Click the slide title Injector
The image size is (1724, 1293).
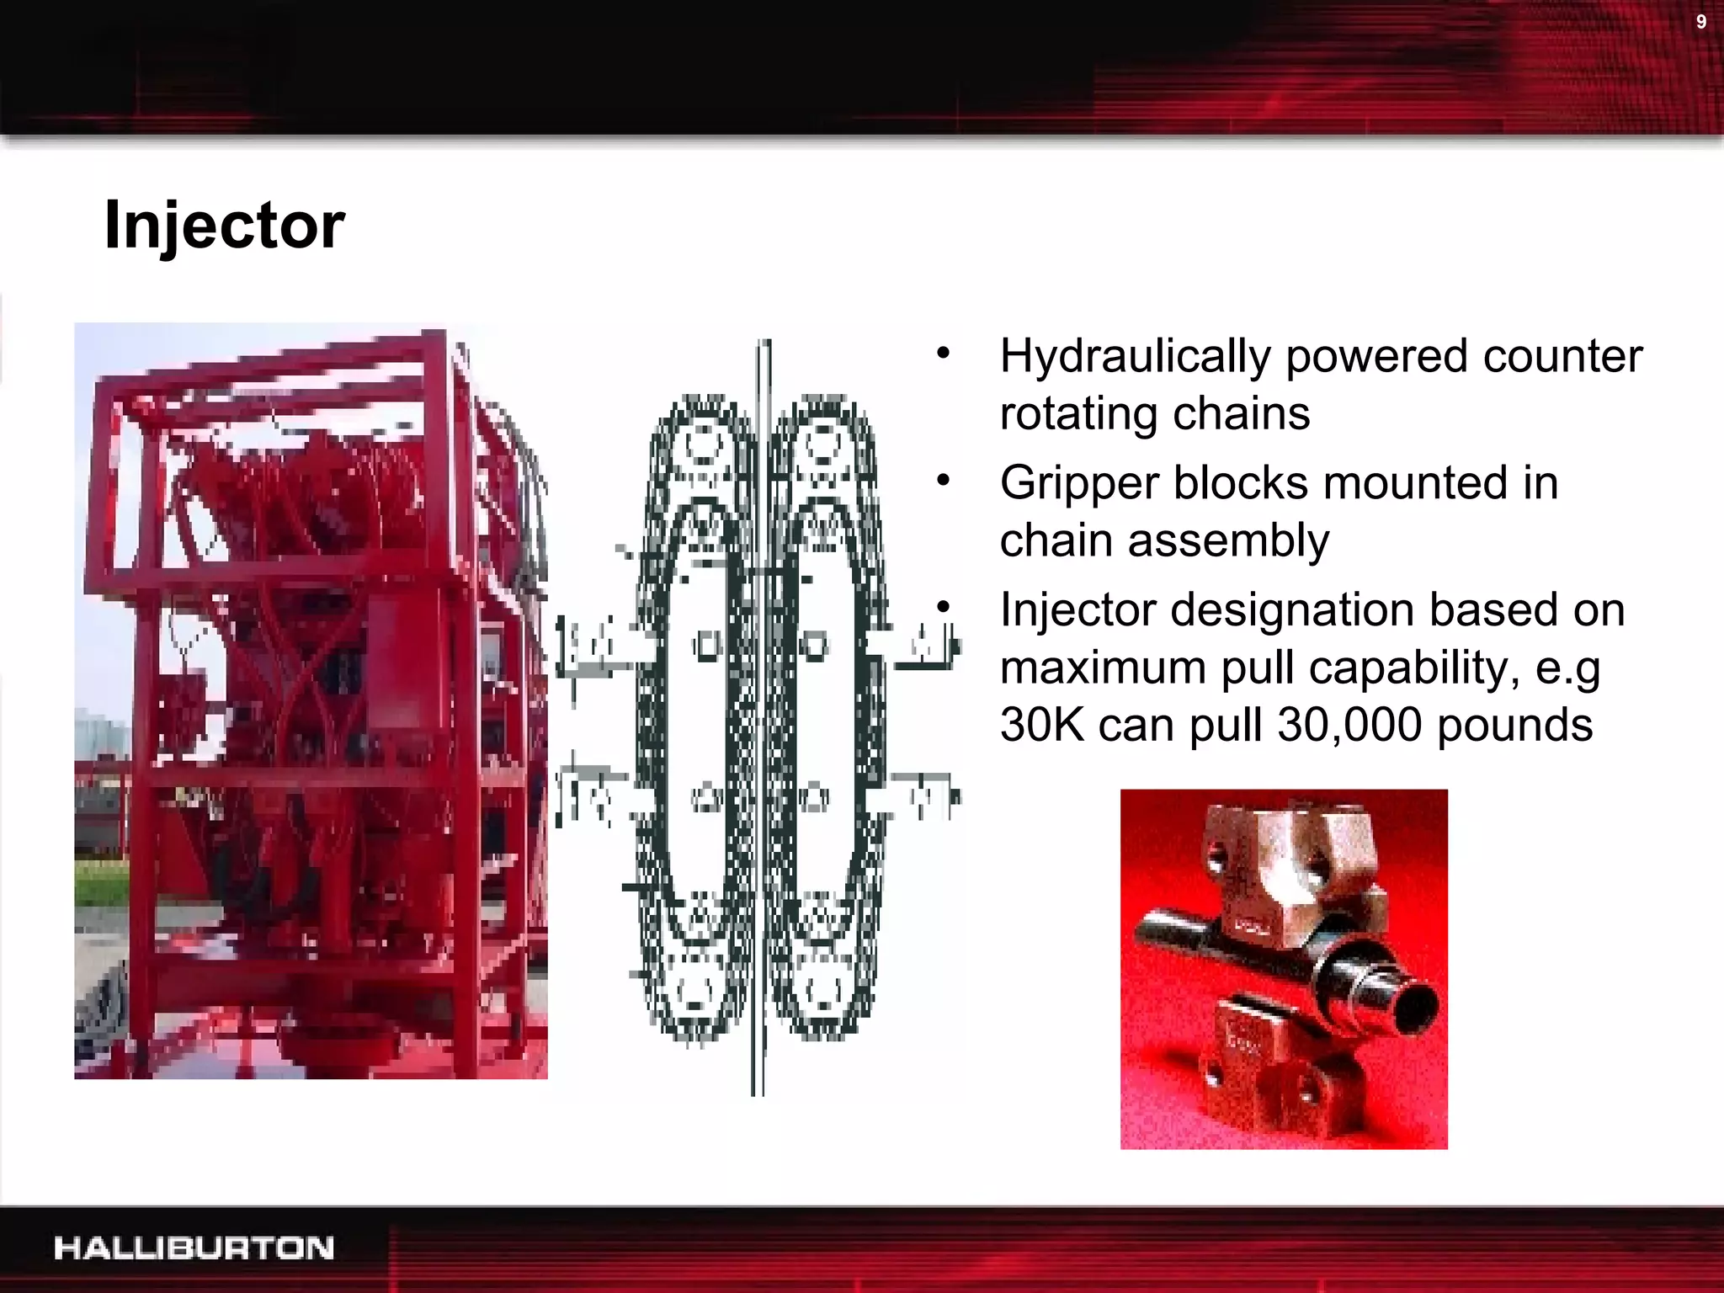pyautogui.click(x=224, y=226)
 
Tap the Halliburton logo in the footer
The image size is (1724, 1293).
pyautogui.click(x=194, y=1248)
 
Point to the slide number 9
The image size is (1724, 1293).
pyautogui.click(x=1701, y=22)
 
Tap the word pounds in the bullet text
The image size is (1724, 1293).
pyautogui.click(x=1514, y=725)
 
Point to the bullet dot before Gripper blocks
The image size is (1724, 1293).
pyautogui.click(x=943, y=481)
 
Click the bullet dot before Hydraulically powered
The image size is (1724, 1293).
pyautogui.click(x=943, y=354)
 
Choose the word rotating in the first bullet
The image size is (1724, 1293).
pyautogui.click(x=1078, y=413)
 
